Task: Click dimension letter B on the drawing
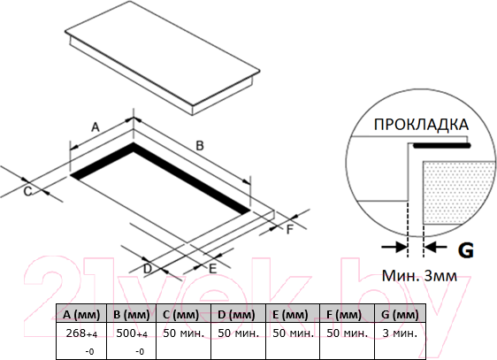tap(200, 144)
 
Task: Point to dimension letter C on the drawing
tap(27, 190)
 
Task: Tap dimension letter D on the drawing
tap(148, 267)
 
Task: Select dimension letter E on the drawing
tap(212, 265)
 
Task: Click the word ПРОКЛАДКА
tap(420, 125)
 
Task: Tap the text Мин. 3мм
tap(419, 276)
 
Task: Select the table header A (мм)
tap(81, 314)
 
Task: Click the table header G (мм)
tap(399, 314)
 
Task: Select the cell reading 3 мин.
tap(399, 333)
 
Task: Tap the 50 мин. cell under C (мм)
tap(184, 333)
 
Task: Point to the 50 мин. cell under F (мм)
tap(345, 333)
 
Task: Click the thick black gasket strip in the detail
tap(442, 144)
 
